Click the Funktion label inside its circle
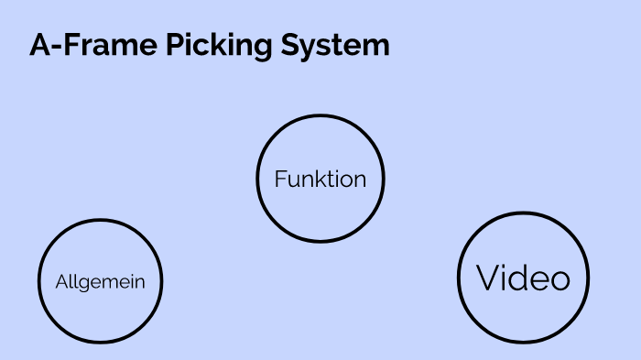[320, 179]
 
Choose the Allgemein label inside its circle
[100, 282]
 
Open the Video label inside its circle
[523, 278]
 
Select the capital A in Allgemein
[61, 282]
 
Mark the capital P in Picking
[174, 45]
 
